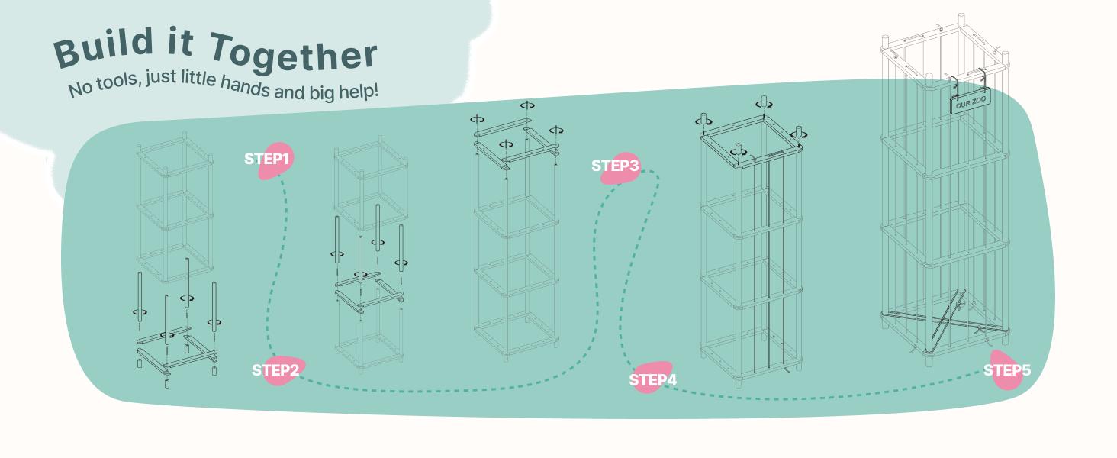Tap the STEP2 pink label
275,371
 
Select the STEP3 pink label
616,166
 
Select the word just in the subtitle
159,79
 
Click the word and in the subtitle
288,92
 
